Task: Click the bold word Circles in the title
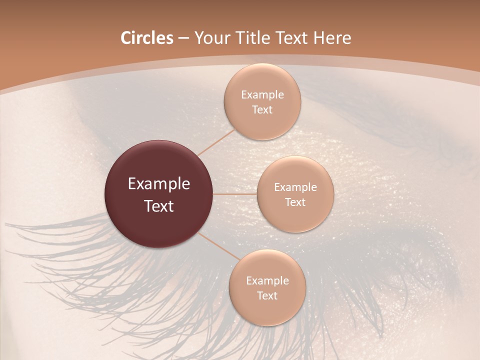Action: [146, 37]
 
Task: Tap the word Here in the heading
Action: [332, 37]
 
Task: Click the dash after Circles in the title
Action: [183, 38]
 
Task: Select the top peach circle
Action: [262, 80]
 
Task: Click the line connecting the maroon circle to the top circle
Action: [216, 141]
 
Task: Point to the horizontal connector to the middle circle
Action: [235, 194]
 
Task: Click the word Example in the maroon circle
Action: [159, 184]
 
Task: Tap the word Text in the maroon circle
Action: [159, 206]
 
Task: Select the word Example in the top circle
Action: [262, 94]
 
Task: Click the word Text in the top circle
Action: [262, 109]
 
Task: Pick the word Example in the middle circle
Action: [295, 187]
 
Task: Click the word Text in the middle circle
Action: [295, 202]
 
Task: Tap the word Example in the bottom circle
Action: [267, 280]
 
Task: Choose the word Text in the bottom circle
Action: [267, 295]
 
